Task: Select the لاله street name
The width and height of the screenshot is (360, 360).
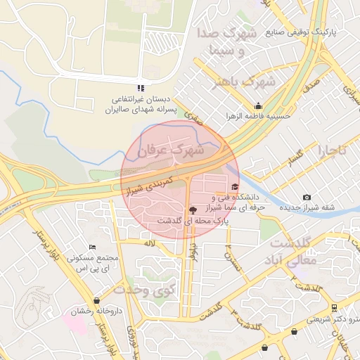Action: click(x=148, y=243)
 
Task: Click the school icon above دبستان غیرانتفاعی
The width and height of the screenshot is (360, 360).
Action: click(x=141, y=87)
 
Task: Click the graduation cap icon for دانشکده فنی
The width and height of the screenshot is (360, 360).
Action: click(x=234, y=186)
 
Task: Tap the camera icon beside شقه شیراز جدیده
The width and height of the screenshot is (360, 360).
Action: click(x=306, y=198)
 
